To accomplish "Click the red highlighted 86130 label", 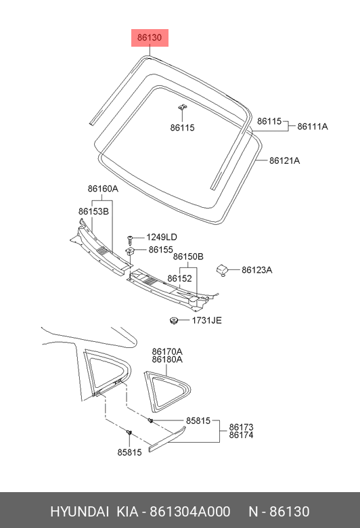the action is point(150,37).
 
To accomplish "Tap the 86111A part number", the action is point(312,127).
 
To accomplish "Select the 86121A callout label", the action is point(284,160).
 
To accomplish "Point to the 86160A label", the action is point(103,189).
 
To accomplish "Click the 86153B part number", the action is point(93,211).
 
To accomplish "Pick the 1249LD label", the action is point(161,238).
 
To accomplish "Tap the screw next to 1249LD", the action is point(131,240).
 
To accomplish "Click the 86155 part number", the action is point(160,250).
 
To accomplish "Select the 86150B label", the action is point(188,257).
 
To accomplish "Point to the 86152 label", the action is point(179,278).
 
